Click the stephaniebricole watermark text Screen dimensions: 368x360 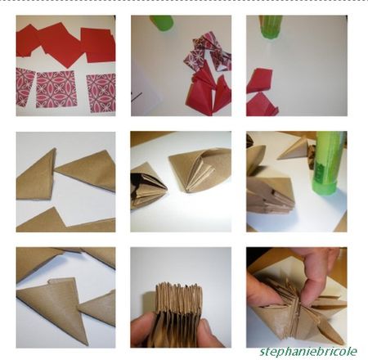click(x=308, y=351)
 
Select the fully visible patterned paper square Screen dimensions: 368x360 click(x=56, y=89)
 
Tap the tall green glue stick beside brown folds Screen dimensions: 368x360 click(x=330, y=163)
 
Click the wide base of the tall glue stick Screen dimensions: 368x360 click(x=326, y=188)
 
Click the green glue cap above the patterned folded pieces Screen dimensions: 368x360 click(x=162, y=22)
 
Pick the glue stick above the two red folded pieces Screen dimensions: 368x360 click(x=271, y=26)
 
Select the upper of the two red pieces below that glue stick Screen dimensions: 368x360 click(x=259, y=80)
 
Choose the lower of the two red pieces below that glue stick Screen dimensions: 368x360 click(x=261, y=106)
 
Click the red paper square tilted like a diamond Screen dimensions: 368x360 click(x=61, y=45)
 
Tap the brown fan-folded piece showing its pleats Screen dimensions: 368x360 click(x=200, y=169)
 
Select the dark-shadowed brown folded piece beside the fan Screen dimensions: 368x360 click(x=147, y=186)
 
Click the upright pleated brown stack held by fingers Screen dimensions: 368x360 click(x=178, y=313)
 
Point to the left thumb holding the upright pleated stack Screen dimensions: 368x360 click(x=141, y=330)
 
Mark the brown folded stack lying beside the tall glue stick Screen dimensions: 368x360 click(x=270, y=195)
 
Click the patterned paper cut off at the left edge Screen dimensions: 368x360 click(x=25, y=87)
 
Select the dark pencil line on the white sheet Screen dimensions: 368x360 click(x=137, y=97)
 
